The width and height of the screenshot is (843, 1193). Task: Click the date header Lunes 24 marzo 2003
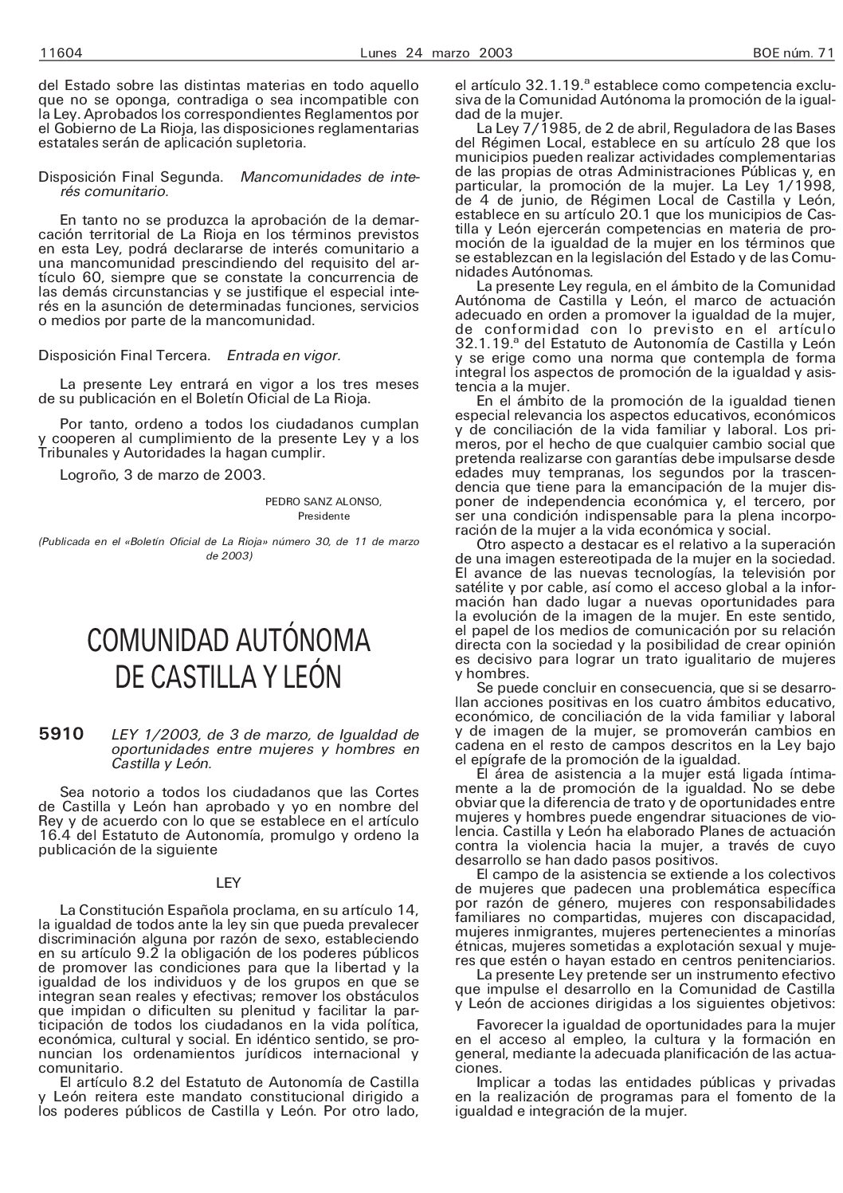pos(435,53)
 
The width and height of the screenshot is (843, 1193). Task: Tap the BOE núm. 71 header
pos(792,53)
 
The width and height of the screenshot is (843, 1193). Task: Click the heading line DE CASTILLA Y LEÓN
pos(229,677)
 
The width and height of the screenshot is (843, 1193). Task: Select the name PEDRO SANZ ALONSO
pos(323,501)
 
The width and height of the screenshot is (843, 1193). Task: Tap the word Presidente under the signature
pos(323,516)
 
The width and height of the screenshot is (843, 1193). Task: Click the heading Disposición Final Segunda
pos(131,177)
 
